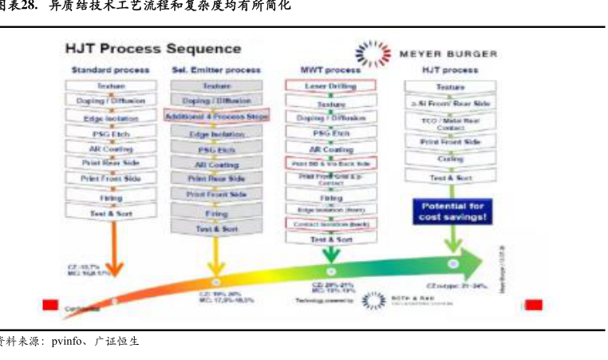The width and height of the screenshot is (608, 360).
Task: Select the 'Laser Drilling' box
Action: [330, 85]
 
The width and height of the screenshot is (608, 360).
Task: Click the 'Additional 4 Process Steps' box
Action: [216, 116]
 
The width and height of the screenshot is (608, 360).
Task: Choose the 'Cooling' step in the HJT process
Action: [451, 159]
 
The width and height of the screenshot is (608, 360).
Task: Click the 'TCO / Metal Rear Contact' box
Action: [451, 123]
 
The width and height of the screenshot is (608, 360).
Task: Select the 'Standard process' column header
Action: [110, 70]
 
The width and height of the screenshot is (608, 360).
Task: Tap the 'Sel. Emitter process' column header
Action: [216, 70]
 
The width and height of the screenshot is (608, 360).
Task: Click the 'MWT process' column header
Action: [330, 70]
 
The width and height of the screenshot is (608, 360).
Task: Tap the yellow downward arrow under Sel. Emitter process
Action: [215, 263]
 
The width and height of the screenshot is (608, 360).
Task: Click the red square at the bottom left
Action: [50, 304]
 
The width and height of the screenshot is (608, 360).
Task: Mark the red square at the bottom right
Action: [533, 304]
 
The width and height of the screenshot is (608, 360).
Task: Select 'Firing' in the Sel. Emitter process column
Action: [216, 214]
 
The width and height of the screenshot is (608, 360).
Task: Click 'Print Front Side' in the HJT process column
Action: [451, 141]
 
